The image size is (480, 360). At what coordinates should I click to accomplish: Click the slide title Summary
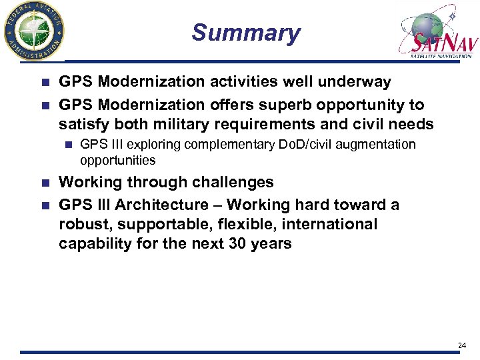(246, 33)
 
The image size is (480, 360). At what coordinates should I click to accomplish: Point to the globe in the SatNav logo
(427, 25)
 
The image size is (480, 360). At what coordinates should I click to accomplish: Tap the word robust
(81, 225)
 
